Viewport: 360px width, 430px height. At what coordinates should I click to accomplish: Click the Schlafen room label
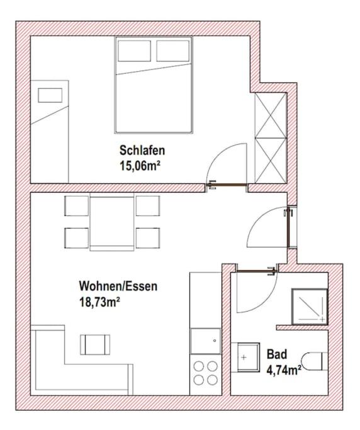[x=142, y=150]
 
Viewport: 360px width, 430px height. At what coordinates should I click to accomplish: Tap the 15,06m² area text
[x=140, y=166]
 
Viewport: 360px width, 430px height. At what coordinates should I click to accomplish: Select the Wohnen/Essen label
[x=118, y=286]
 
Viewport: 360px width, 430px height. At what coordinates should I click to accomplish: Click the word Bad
[x=277, y=354]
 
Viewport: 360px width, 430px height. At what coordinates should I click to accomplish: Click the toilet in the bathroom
[x=315, y=361]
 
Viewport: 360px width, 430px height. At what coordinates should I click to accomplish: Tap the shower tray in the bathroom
[x=310, y=307]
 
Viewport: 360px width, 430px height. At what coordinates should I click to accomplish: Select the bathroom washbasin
[x=245, y=358]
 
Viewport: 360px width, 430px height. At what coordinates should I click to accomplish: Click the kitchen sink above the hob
[x=206, y=341]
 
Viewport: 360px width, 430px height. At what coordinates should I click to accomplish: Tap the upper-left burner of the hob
[x=198, y=366]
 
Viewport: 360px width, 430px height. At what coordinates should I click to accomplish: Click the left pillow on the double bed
[x=134, y=51]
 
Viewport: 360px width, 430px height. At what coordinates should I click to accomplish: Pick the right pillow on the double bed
[x=173, y=51]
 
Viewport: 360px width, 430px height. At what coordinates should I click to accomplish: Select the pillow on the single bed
[x=50, y=96]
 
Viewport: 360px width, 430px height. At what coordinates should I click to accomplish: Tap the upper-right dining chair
[x=148, y=206]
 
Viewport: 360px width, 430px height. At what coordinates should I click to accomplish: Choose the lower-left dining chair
[x=77, y=238]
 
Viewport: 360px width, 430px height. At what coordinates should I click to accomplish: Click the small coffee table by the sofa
[x=95, y=345]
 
